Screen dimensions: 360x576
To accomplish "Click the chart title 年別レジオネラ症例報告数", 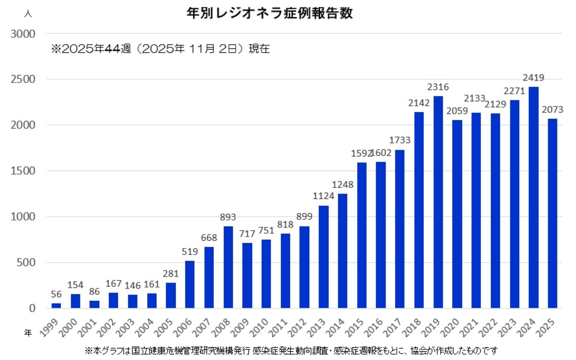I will coord(269,13).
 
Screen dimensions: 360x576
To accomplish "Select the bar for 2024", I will coord(533,197).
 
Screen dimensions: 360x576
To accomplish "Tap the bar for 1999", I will coord(56,306).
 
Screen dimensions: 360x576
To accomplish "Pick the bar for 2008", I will coord(228,267).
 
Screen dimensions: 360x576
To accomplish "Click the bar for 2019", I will coord(438,202).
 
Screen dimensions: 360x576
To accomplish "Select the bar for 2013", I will coord(323,257).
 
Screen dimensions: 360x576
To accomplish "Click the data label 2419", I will coord(533,78).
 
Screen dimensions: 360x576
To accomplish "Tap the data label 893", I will coord(228,217).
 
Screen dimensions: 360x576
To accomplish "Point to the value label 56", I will coord(56,294).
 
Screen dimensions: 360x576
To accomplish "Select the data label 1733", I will coord(400,140).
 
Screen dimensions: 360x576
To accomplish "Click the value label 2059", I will coord(457,111).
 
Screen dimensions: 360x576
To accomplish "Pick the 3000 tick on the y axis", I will coord(23,34).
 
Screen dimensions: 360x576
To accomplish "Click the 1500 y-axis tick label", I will coord(23,171).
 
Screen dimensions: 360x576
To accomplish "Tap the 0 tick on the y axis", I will coord(32,308).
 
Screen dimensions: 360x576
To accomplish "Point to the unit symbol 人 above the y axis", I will coord(28,14).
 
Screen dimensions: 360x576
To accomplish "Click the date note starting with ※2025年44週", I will coord(160,49).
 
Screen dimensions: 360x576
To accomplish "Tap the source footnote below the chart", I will coord(291,351).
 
